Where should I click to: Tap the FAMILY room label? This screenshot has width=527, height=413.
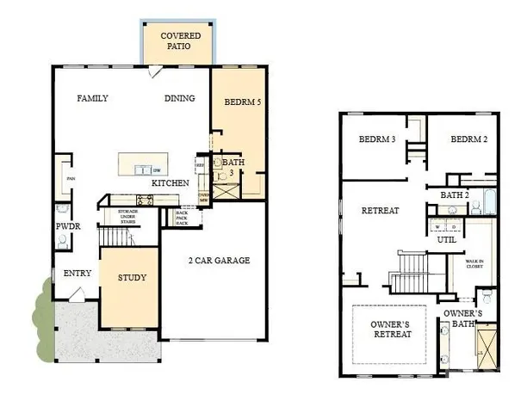tap(92, 98)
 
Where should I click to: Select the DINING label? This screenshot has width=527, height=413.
tap(180, 98)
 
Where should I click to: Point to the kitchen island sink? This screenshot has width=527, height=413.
tap(143, 170)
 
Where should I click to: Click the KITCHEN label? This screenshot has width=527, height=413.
tap(170, 184)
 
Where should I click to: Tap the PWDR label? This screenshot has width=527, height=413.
tap(68, 227)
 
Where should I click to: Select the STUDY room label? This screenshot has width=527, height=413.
tap(132, 278)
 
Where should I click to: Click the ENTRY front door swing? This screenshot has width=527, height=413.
tap(77, 294)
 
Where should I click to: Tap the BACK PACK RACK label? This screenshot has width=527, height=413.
tap(183, 217)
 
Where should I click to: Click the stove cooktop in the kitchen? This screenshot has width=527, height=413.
tap(144, 200)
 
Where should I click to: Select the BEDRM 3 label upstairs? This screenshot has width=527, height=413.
tap(376, 139)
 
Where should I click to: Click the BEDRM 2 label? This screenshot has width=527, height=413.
tap(468, 139)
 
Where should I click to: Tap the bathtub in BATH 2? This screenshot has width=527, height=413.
tap(490, 200)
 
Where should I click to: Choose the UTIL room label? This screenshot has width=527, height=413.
tap(446, 240)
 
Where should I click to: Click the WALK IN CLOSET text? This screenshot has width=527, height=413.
tap(474, 263)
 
